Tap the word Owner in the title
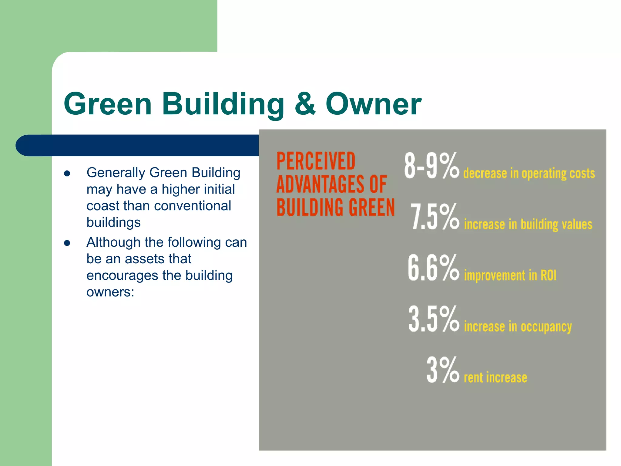[373, 104]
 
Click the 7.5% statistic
[435, 217]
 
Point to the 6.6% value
[433, 268]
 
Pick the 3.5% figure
[434, 319]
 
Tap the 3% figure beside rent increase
[443, 370]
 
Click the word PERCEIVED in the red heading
[316, 161]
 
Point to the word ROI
[548, 275]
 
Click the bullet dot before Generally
[67, 174]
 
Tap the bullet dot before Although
[67, 243]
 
